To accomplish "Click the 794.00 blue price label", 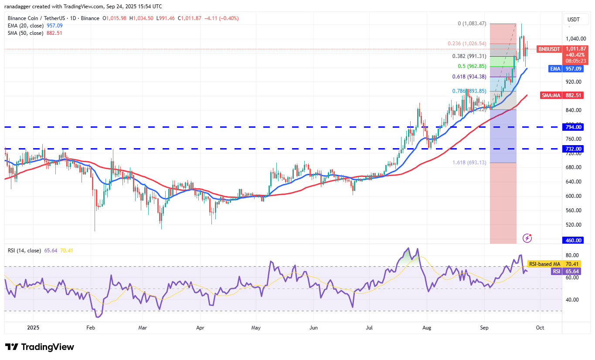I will [x=574, y=127].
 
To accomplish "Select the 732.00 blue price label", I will [x=574, y=149].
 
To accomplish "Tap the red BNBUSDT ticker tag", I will [x=549, y=49].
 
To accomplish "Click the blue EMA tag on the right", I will [x=554, y=68].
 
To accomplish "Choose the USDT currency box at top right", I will [x=573, y=20].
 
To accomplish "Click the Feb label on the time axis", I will [x=91, y=327].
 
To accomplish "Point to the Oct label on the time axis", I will [x=540, y=327].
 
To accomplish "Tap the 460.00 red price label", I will [x=574, y=240].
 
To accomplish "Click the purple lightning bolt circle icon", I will [x=527, y=238].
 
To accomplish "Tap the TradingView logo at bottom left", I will [x=40, y=347].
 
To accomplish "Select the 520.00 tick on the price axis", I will [x=573, y=225].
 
